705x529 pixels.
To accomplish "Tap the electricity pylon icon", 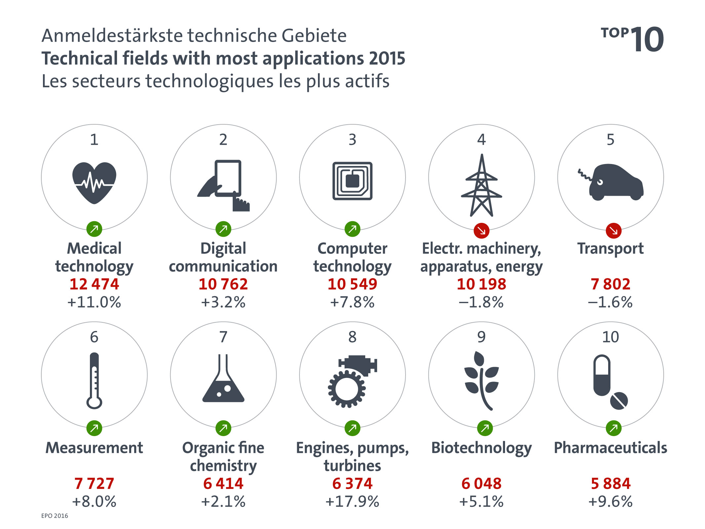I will pos(482,185).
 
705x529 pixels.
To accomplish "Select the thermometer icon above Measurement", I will pos(94,380).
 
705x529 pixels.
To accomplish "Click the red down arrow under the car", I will pos(613,230).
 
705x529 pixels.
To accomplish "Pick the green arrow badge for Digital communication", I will pos(223,229).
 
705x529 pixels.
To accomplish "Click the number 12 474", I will pos(94,284).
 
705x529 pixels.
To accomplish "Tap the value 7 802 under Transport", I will pos(610,284).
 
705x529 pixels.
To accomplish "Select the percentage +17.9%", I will pos(352,502).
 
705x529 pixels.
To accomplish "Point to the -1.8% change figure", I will pos(481,302).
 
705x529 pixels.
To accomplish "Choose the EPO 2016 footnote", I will pos(55,516).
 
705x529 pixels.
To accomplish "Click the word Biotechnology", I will pos(482,448).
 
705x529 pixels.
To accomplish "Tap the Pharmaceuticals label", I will pos(610,448).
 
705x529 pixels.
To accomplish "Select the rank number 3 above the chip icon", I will pos(352,140).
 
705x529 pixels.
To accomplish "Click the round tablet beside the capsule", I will pos(619,401).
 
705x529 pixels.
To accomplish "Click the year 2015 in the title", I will pos(387,59).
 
